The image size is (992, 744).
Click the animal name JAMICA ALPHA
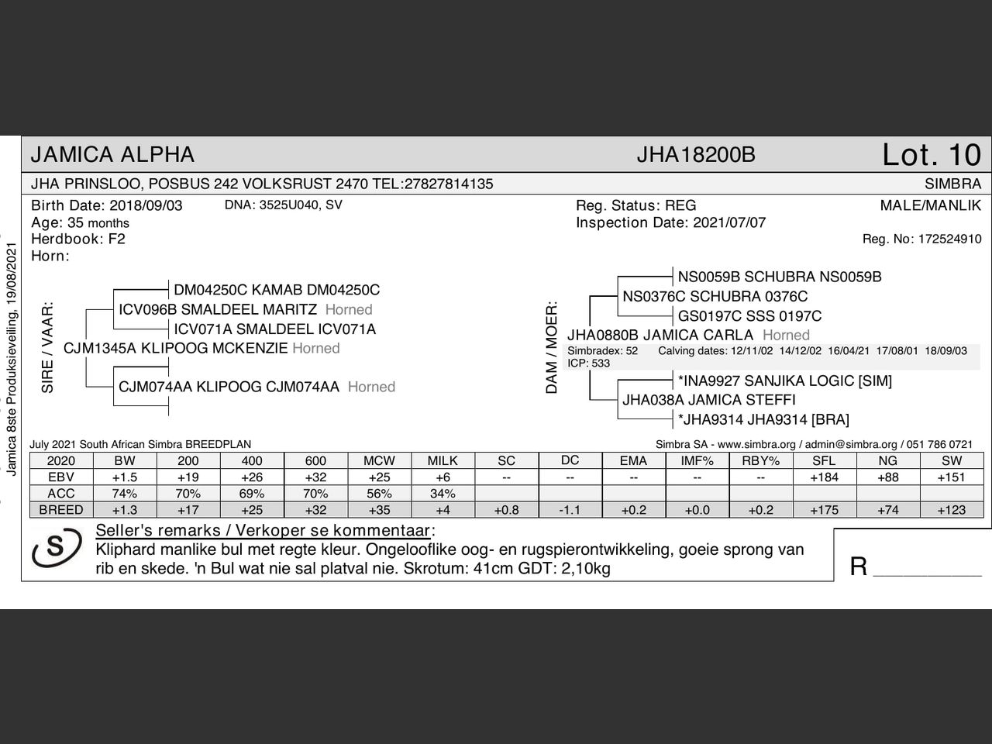coord(112,155)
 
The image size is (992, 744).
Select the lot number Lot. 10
coord(932,155)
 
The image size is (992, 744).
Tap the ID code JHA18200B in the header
coord(695,155)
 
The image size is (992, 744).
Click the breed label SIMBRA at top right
coord(952,184)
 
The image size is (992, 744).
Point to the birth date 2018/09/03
coord(146,205)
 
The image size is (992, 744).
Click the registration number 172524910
coord(949,239)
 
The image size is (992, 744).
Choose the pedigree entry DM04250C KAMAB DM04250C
coord(277,290)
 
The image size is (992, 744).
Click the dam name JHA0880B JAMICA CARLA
coord(660,335)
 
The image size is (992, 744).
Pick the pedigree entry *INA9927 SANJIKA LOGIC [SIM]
coord(784,381)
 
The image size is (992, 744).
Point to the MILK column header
coord(443,460)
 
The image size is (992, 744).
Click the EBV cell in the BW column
coord(124,477)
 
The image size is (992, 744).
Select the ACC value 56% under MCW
coord(379,494)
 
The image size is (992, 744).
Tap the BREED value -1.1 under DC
coord(570,510)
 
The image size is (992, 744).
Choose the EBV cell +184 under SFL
coord(824,477)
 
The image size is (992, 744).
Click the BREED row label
coord(60,510)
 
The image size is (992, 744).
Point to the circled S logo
coord(57,547)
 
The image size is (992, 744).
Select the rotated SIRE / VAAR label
coord(47,347)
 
